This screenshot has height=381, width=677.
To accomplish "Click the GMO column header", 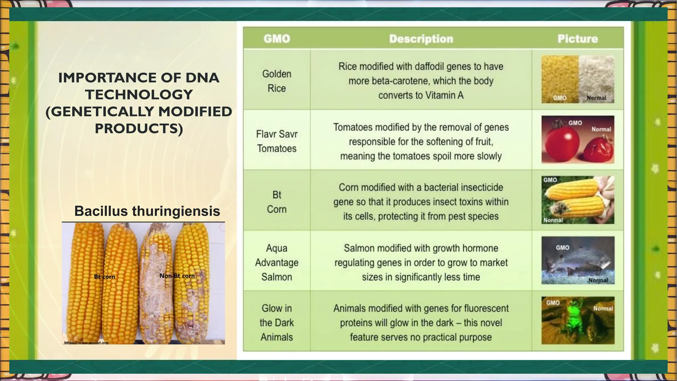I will [x=277, y=39].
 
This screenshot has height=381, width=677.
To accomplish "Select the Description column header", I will [x=421, y=39].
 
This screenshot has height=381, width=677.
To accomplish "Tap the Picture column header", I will [x=577, y=39].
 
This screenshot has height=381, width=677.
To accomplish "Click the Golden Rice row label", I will [x=277, y=81].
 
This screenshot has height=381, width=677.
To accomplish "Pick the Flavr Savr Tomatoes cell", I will [x=277, y=141].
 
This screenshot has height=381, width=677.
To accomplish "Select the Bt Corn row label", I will [x=277, y=202].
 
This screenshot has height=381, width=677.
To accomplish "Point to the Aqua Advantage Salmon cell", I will [x=277, y=262].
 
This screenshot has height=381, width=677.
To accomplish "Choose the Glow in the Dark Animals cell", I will [x=277, y=322].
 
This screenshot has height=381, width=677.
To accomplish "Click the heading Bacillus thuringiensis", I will [x=147, y=211].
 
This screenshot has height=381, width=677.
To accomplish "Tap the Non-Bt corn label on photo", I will [x=177, y=276].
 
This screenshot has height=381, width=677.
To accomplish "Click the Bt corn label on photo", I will [x=104, y=276].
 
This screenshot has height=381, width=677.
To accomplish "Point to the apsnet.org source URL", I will [x=86, y=343].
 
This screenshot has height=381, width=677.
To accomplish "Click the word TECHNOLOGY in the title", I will [x=139, y=95].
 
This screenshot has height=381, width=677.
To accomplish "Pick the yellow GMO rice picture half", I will [x=560, y=79].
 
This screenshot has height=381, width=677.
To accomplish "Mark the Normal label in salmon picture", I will [x=598, y=280].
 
